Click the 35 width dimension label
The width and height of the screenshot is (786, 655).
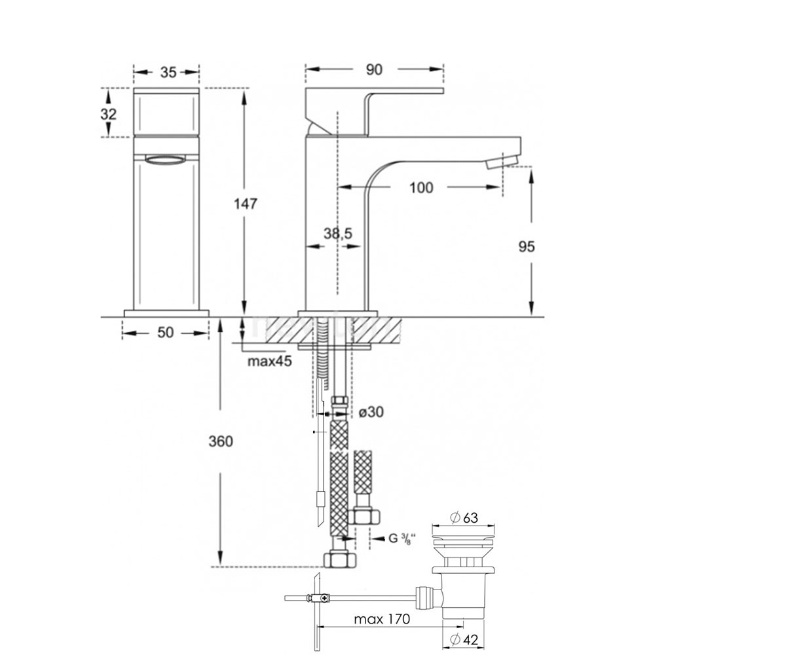[168, 72]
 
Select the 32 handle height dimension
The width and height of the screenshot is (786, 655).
[109, 114]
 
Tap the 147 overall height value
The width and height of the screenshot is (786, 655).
[246, 204]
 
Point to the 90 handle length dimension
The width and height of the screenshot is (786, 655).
[374, 69]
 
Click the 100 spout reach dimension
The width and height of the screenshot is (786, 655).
[421, 187]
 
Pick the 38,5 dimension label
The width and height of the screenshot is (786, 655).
[338, 233]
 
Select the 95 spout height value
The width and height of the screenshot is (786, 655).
[526, 246]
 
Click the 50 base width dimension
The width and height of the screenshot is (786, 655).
[165, 332]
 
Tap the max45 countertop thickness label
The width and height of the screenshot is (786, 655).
[269, 361]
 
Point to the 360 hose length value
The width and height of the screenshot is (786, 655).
[221, 441]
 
